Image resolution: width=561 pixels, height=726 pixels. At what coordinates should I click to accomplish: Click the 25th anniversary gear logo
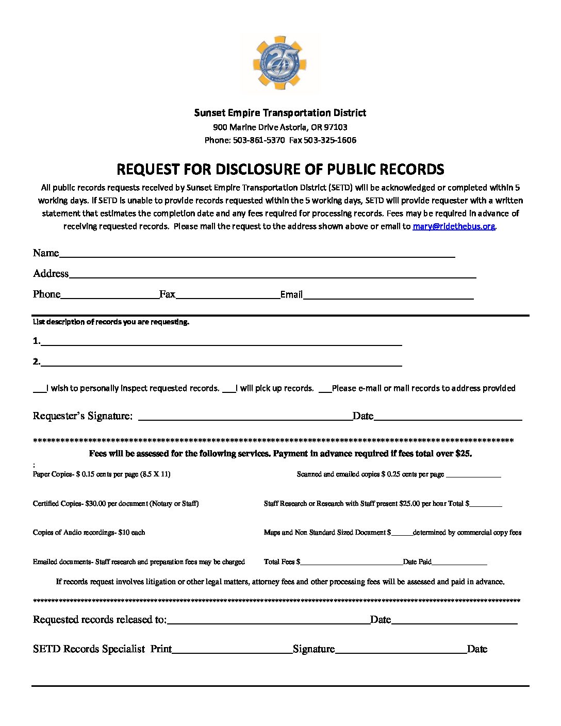pos(280,63)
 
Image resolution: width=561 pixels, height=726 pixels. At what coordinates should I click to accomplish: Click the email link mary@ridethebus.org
pos(453,226)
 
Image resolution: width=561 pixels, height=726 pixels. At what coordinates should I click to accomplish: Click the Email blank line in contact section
pos(388,296)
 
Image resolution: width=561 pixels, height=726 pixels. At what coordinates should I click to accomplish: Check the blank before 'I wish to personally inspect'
pos(39,390)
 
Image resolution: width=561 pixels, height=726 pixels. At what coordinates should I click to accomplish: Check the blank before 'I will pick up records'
pos(229,390)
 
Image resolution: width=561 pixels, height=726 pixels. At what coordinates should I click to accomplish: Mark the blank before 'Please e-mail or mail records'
pos(325,390)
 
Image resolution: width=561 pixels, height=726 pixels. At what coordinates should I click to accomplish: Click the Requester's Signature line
pos(245,418)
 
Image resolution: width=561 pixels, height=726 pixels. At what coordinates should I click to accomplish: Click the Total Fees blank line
pos(351,563)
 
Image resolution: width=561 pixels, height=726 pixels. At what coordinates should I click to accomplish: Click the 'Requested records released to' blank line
pos(268,621)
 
